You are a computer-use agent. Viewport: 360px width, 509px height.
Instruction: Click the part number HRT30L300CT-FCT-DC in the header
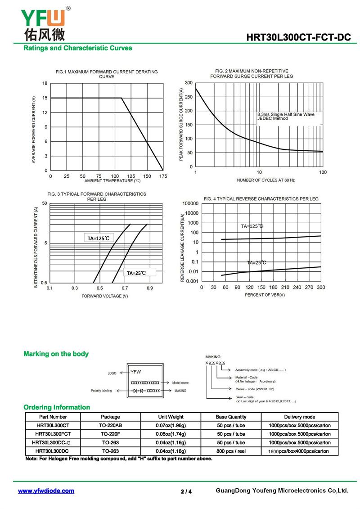tap(298, 37)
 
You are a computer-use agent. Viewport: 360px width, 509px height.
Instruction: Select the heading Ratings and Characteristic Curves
tap(77, 48)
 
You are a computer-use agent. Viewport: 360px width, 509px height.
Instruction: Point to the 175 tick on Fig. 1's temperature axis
tap(163, 176)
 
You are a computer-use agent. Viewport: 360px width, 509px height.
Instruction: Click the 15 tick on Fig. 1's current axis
tap(45, 98)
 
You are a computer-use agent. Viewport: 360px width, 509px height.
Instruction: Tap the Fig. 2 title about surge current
tap(252, 74)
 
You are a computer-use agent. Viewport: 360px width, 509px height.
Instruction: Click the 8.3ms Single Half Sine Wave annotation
tap(286, 114)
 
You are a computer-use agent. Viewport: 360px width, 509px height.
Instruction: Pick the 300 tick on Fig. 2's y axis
tap(189, 83)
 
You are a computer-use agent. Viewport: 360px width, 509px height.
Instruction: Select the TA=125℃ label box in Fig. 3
tap(99, 238)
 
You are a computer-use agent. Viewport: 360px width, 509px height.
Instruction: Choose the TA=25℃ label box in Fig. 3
tap(139, 273)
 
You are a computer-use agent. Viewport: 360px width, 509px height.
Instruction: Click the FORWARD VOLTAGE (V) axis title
tap(105, 296)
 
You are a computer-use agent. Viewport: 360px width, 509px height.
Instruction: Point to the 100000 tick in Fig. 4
tap(190, 203)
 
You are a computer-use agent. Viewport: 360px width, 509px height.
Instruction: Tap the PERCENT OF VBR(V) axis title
tap(265, 295)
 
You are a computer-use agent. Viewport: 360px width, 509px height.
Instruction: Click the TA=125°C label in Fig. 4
tap(252, 226)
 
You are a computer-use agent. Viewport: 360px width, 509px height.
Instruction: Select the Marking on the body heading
tap(56, 354)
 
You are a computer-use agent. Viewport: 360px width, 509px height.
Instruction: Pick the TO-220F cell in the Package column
tap(110, 434)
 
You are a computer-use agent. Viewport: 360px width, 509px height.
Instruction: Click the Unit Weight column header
tap(171, 417)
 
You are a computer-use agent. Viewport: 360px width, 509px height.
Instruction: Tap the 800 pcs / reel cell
tap(231, 451)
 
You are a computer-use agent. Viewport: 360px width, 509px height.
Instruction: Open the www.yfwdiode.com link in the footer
tap(46, 491)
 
